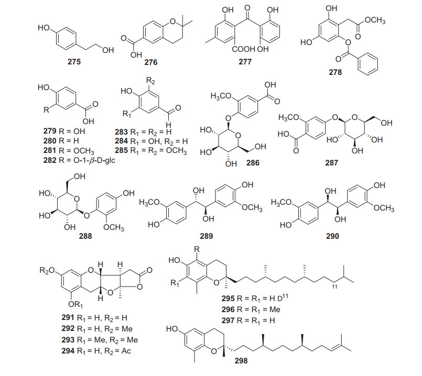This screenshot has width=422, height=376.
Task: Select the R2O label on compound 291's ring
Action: point(46,271)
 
